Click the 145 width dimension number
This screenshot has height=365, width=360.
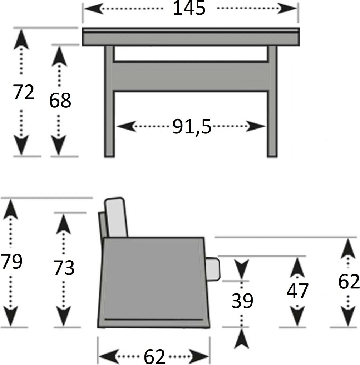(189, 9)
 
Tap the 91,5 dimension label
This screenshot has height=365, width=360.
(192, 127)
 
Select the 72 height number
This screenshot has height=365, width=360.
(24, 92)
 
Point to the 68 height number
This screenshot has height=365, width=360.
(60, 101)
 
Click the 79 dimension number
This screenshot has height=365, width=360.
(11, 261)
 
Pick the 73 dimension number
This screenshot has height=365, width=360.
(64, 268)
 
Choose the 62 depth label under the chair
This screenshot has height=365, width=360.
(155, 356)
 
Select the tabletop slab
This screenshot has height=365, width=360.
(190, 37)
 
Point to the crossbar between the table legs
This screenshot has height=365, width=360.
(191, 76)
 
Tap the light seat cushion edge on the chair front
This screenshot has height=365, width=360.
(214, 269)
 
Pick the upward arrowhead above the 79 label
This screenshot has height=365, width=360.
(11, 208)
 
